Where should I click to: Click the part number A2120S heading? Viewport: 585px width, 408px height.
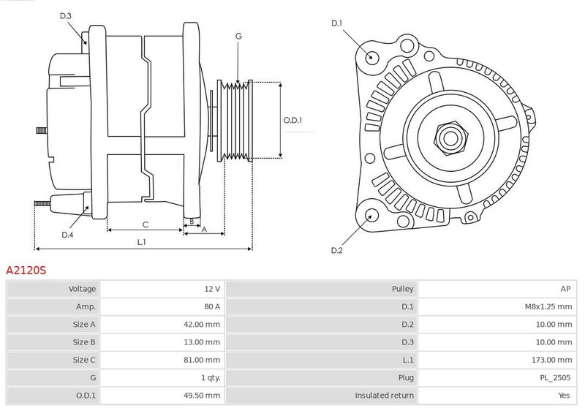point(26,270)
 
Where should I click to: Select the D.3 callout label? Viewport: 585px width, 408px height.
point(65,15)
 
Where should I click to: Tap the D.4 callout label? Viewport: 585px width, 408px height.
point(67,235)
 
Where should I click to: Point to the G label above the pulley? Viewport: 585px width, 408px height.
point(238,36)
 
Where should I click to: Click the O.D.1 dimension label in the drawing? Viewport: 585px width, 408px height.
point(292,120)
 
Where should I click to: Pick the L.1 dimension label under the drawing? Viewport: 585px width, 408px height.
point(141,242)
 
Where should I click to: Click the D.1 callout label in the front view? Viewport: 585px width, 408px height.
point(336,23)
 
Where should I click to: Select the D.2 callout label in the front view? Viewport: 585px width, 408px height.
point(336,250)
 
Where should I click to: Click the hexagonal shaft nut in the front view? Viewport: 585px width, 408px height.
point(450,138)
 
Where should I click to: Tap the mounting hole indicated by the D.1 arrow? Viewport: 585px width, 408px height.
point(371,57)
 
